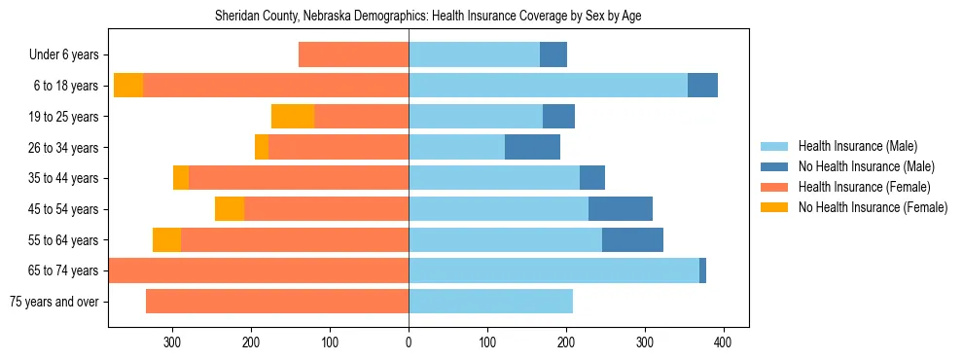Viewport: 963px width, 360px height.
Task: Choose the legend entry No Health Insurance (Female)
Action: pyautogui.click(x=873, y=207)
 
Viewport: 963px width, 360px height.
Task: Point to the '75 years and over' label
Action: pyautogui.click(x=54, y=302)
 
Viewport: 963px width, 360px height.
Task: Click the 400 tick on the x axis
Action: pyautogui.click(x=723, y=342)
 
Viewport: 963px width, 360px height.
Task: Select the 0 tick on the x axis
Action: pyautogui.click(x=409, y=342)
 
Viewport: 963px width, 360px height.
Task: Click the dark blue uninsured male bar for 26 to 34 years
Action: pyautogui.click(x=532, y=147)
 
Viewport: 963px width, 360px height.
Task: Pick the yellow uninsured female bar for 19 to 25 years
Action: pyautogui.click(x=293, y=117)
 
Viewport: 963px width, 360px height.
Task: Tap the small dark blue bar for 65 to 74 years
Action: pyautogui.click(x=702, y=270)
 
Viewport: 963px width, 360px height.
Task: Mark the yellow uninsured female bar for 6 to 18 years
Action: pyautogui.click(x=128, y=86)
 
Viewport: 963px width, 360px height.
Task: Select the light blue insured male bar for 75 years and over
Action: pyautogui.click(x=490, y=302)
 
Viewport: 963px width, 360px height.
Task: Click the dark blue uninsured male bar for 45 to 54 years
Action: pyautogui.click(x=621, y=209)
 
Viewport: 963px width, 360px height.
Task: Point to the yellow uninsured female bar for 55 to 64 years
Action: pyautogui.click(x=166, y=239)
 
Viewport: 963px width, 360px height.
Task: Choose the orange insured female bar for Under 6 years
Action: pyautogui.click(x=353, y=55)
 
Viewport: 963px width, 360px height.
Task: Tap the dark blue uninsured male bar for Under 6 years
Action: pyautogui.click(x=553, y=55)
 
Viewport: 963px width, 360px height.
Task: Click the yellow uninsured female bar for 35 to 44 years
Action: pyautogui.click(x=181, y=178)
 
